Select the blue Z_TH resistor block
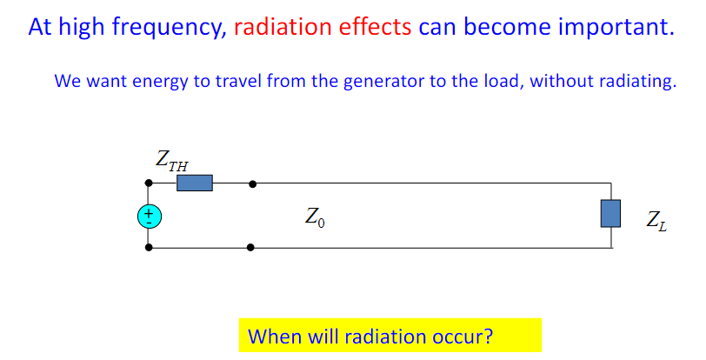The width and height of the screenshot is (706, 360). coord(194,183)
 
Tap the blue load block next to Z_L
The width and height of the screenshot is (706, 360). coord(610,213)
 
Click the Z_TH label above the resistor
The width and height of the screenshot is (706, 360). coord(171,160)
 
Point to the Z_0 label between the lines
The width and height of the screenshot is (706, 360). coord(316,217)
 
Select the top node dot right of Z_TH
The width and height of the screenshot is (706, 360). coord(252,183)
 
